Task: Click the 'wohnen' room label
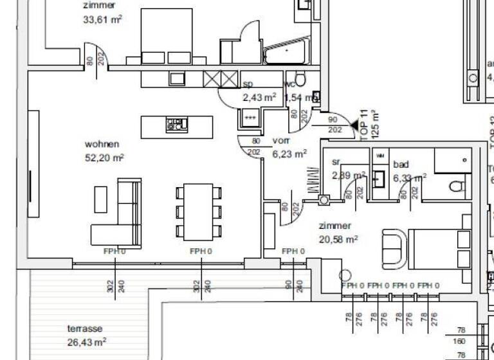click(x=102, y=144)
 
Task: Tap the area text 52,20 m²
click(x=104, y=157)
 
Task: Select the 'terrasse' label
click(x=84, y=328)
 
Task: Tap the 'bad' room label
click(x=401, y=165)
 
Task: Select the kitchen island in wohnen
click(x=176, y=124)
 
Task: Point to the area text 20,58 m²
click(x=338, y=239)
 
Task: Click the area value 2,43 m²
click(x=259, y=98)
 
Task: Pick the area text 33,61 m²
click(x=103, y=19)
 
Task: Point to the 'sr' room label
click(x=336, y=162)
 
